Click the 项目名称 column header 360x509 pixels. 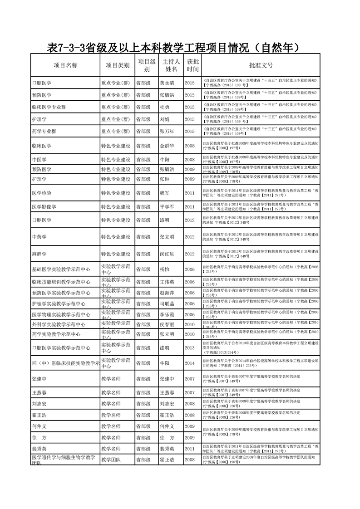pos(65,65)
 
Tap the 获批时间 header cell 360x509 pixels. pos(192,65)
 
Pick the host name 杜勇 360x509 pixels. pos(164,107)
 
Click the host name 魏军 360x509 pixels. pos(164,193)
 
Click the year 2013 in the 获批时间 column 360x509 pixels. pos(189,348)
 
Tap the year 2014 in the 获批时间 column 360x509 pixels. pos(189,363)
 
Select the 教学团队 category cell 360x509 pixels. pos(111,460)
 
